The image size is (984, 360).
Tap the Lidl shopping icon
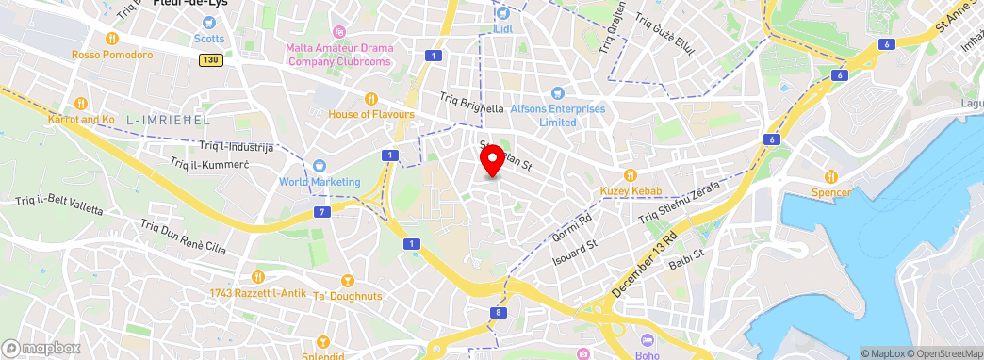(x=502, y=12)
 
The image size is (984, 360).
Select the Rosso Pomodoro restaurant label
(x=112, y=55)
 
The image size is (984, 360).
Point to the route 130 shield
(x=210, y=59)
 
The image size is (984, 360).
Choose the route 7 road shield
(x=323, y=212)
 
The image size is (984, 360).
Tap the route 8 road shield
(x=497, y=312)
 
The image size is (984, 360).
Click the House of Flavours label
(x=371, y=114)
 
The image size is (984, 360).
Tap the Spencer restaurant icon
(x=830, y=176)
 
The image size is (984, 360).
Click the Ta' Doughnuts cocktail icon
(x=346, y=281)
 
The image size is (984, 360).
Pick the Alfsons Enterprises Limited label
(x=556, y=115)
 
